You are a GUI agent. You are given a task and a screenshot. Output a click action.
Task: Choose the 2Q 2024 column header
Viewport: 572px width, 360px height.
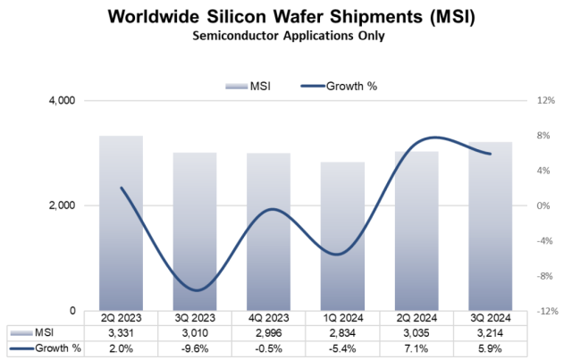pos(416,316)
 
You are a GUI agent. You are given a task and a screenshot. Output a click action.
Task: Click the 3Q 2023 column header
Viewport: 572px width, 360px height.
pos(195,316)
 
